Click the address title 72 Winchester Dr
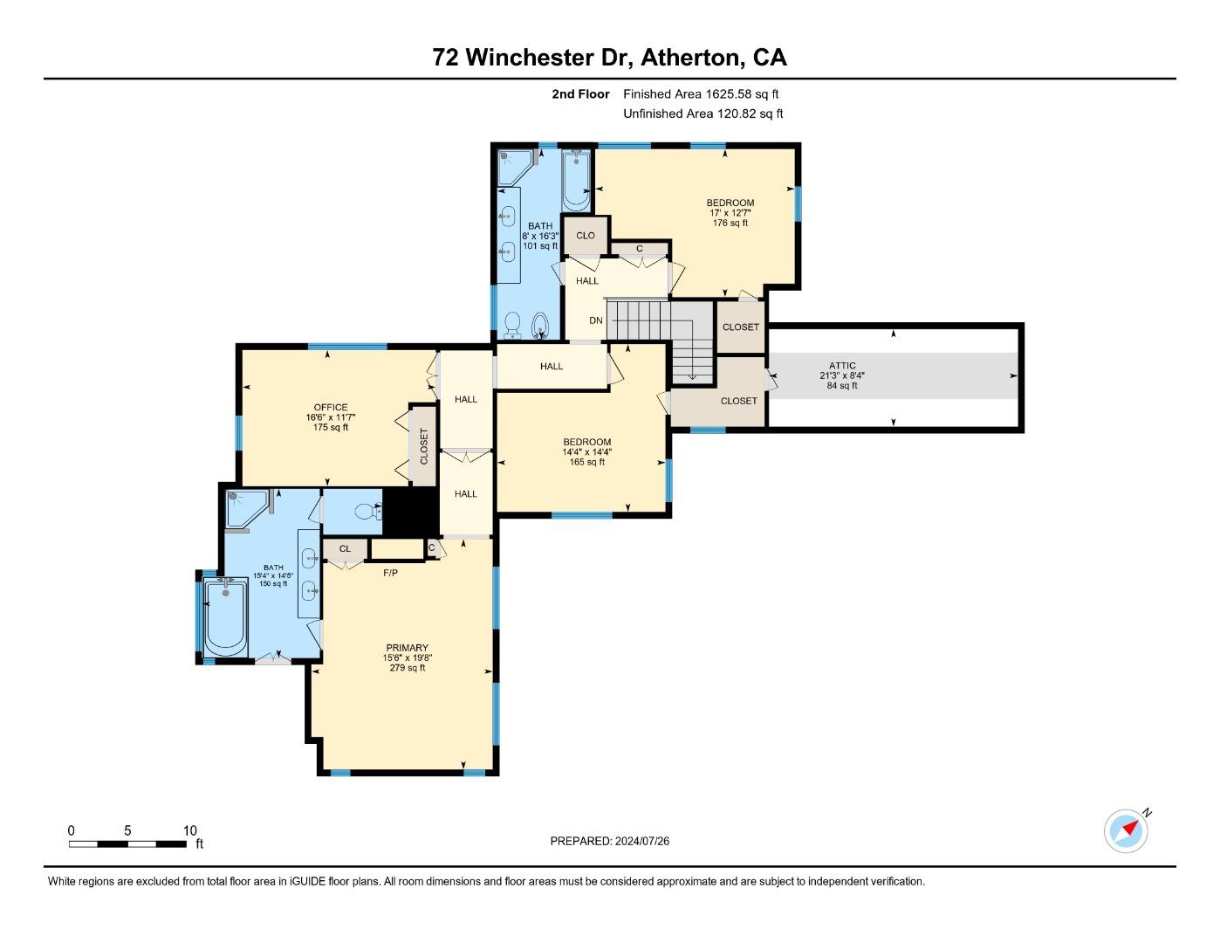click(x=609, y=58)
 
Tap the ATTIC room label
click(x=842, y=366)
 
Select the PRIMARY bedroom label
click(x=407, y=648)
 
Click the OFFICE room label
click(x=331, y=407)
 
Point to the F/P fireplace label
click(x=390, y=573)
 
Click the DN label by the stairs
click(x=595, y=320)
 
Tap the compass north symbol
click(x=1126, y=830)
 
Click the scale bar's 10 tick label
click(x=189, y=830)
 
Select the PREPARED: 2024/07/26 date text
click(x=609, y=841)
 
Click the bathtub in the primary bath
click(x=225, y=617)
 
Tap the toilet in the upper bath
click(x=512, y=325)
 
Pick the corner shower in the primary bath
click(x=245, y=509)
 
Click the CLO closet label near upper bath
click(x=586, y=236)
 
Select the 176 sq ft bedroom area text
click(x=730, y=223)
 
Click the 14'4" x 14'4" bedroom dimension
click(x=586, y=452)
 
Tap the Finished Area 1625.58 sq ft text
click(x=701, y=93)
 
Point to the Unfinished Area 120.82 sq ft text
click(x=703, y=114)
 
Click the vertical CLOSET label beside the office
click(x=424, y=445)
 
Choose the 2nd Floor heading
click(x=580, y=93)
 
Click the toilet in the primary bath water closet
click(x=371, y=512)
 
